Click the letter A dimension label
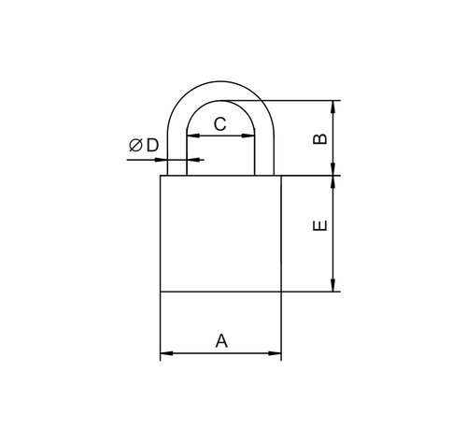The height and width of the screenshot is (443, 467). tap(221, 340)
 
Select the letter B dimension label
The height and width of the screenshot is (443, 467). tap(319, 139)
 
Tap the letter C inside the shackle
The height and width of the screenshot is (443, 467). tap(220, 124)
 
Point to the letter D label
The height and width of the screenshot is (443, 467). tap(152, 145)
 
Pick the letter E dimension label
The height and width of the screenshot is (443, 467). tap(319, 225)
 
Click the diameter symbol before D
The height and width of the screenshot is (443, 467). tap(135, 145)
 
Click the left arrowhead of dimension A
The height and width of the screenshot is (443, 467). tap(166, 353)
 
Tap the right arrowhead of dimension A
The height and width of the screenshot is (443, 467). tap(275, 353)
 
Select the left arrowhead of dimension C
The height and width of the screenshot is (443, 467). tap(193, 136)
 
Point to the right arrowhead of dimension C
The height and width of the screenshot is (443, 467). tap(248, 136)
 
